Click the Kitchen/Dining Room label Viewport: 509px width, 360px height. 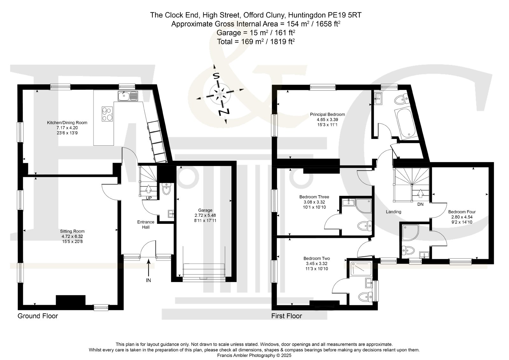[67, 123]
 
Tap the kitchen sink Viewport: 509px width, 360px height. [128, 96]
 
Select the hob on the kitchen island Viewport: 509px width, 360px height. [108, 114]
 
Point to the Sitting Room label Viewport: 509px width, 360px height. [72, 231]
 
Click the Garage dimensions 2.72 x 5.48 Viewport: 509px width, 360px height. [205, 215]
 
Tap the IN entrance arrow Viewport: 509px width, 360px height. [149, 267]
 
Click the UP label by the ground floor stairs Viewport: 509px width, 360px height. [149, 198]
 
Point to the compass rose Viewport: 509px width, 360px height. [219, 94]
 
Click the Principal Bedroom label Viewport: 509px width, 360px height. [327, 114]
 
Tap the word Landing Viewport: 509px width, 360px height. [394, 212]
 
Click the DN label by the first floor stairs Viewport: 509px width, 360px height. [421, 204]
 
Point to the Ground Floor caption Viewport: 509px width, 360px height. [38, 316]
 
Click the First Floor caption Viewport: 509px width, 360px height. [287, 316]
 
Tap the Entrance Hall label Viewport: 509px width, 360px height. [146, 225]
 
